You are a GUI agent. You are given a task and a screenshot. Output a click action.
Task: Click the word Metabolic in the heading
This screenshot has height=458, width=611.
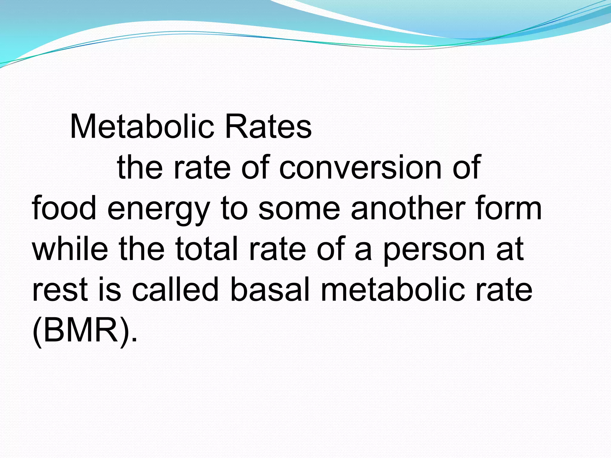coord(142,126)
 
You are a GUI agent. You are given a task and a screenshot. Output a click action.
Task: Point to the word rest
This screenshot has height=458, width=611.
coord(59,290)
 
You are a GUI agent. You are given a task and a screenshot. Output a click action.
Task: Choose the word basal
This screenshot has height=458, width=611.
coord(270,289)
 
